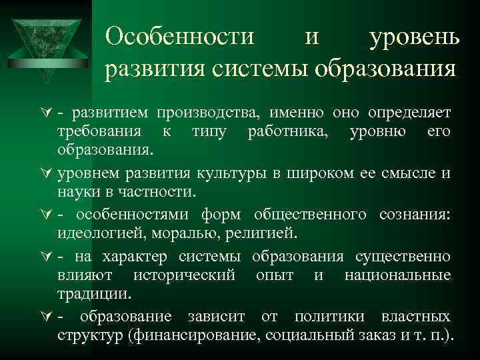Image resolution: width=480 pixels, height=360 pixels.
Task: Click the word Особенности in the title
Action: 180,37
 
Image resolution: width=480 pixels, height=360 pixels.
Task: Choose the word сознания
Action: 411,215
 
